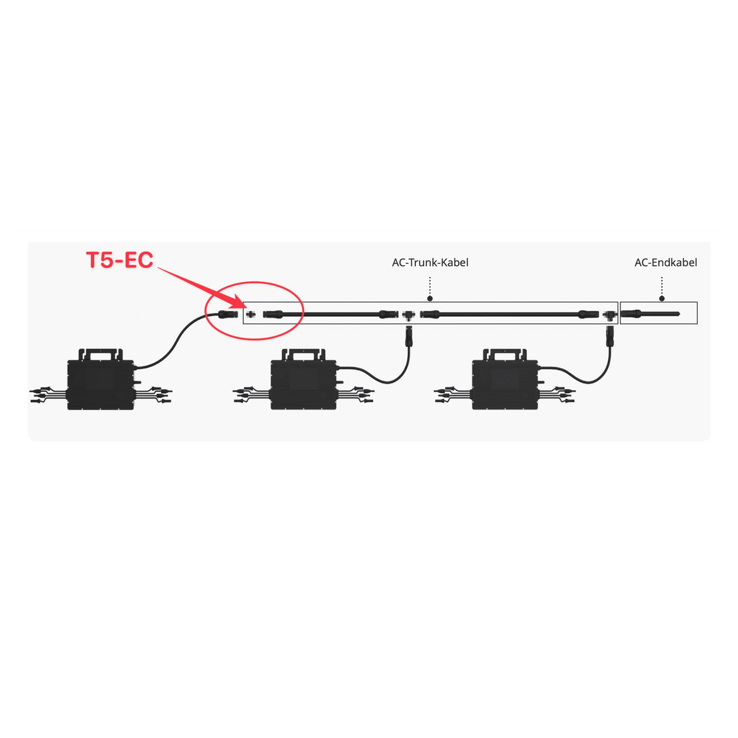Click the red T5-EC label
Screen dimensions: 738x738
tap(120, 260)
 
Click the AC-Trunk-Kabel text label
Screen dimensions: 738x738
tap(430, 263)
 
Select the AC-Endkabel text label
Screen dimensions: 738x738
tap(666, 263)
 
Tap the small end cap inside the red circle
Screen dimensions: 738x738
tap(250, 314)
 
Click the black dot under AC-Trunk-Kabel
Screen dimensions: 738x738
tap(430, 298)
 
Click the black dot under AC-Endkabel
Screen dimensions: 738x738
tap(662, 298)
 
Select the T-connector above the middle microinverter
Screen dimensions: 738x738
tap(409, 316)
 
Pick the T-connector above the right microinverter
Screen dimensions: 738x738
tap(609, 316)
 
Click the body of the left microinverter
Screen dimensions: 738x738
tap(101, 385)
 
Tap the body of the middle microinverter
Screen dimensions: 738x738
tap(304, 385)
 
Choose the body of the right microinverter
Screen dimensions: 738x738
tap(505, 385)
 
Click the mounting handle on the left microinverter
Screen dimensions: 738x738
tap(101, 354)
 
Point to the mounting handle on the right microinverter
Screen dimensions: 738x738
tap(505, 354)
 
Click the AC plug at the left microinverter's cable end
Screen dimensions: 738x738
tap(228, 314)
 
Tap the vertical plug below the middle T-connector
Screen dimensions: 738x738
tap(409, 336)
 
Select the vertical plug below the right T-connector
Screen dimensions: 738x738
tap(609, 336)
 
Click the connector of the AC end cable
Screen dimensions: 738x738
tap(631, 314)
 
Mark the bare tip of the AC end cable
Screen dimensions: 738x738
tap(678, 314)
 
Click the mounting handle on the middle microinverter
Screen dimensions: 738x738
tap(304, 354)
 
